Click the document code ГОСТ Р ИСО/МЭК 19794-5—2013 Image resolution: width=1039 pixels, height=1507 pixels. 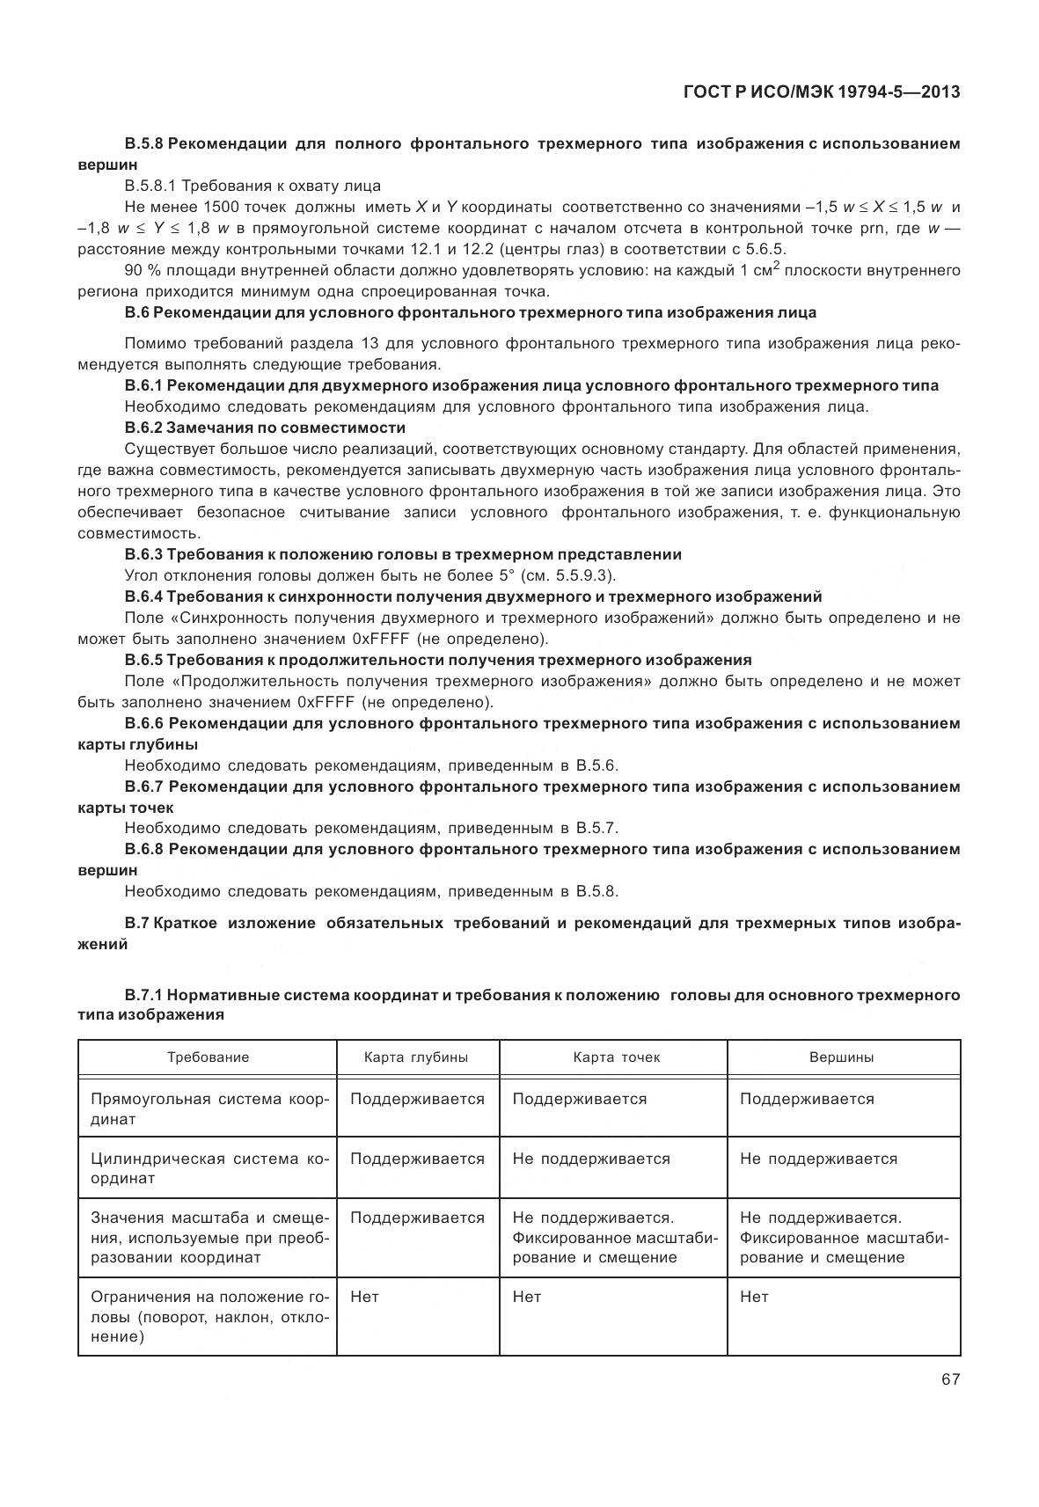click(821, 91)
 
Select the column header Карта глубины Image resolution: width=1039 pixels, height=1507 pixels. click(416, 1057)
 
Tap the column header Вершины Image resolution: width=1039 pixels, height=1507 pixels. click(841, 1057)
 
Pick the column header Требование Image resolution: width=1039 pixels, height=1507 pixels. click(209, 1057)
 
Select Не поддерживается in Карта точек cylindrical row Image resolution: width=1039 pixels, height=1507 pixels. click(590, 1159)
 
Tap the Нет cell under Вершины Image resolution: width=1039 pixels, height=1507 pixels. click(754, 1297)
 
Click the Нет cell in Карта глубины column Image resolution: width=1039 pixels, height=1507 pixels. click(364, 1297)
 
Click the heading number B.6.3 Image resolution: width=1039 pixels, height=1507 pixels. click(143, 554)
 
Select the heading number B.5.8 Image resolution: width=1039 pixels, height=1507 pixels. click(143, 143)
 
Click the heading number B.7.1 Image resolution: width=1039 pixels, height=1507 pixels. click(143, 995)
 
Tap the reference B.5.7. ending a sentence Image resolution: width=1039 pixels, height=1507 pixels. click(597, 828)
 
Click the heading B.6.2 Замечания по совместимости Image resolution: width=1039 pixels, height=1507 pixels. click(265, 428)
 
